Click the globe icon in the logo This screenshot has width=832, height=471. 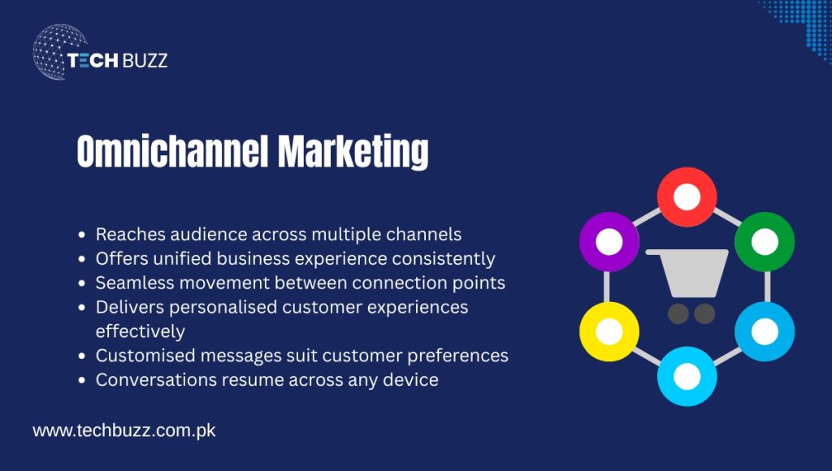(58, 52)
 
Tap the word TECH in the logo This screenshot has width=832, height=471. (93, 60)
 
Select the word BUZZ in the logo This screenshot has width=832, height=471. (145, 60)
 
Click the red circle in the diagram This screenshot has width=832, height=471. (687, 197)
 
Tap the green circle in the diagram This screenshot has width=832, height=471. (765, 241)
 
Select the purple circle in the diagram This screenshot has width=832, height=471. (609, 241)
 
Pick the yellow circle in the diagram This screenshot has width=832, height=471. (609, 331)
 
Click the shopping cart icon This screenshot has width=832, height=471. (687, 284)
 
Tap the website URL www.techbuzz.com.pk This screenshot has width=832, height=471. (124, 430)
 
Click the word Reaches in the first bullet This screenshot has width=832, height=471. (130, 235)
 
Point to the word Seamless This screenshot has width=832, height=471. (132, 283)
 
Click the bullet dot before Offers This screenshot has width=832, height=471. (82, 260)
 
